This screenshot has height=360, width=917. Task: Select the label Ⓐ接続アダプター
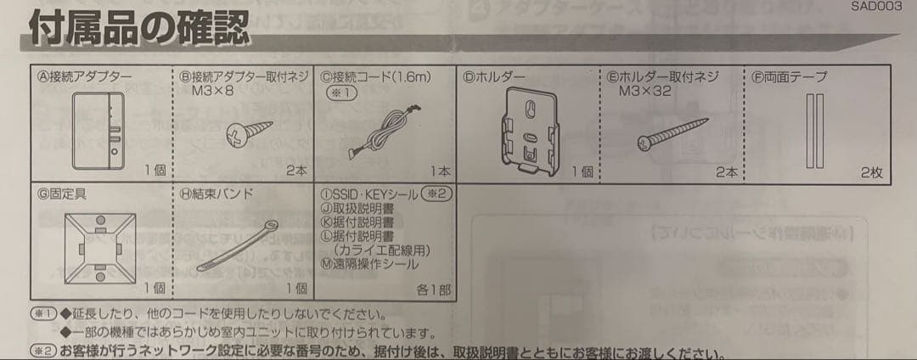coord(84,76)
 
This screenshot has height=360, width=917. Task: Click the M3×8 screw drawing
coord(248,131)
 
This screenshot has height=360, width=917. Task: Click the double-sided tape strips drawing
coord(815,132)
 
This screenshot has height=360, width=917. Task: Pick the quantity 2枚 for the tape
coord(871,173)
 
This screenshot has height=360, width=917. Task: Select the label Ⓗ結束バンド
coord(217,194)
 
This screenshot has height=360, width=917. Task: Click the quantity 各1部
coord(433,290)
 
